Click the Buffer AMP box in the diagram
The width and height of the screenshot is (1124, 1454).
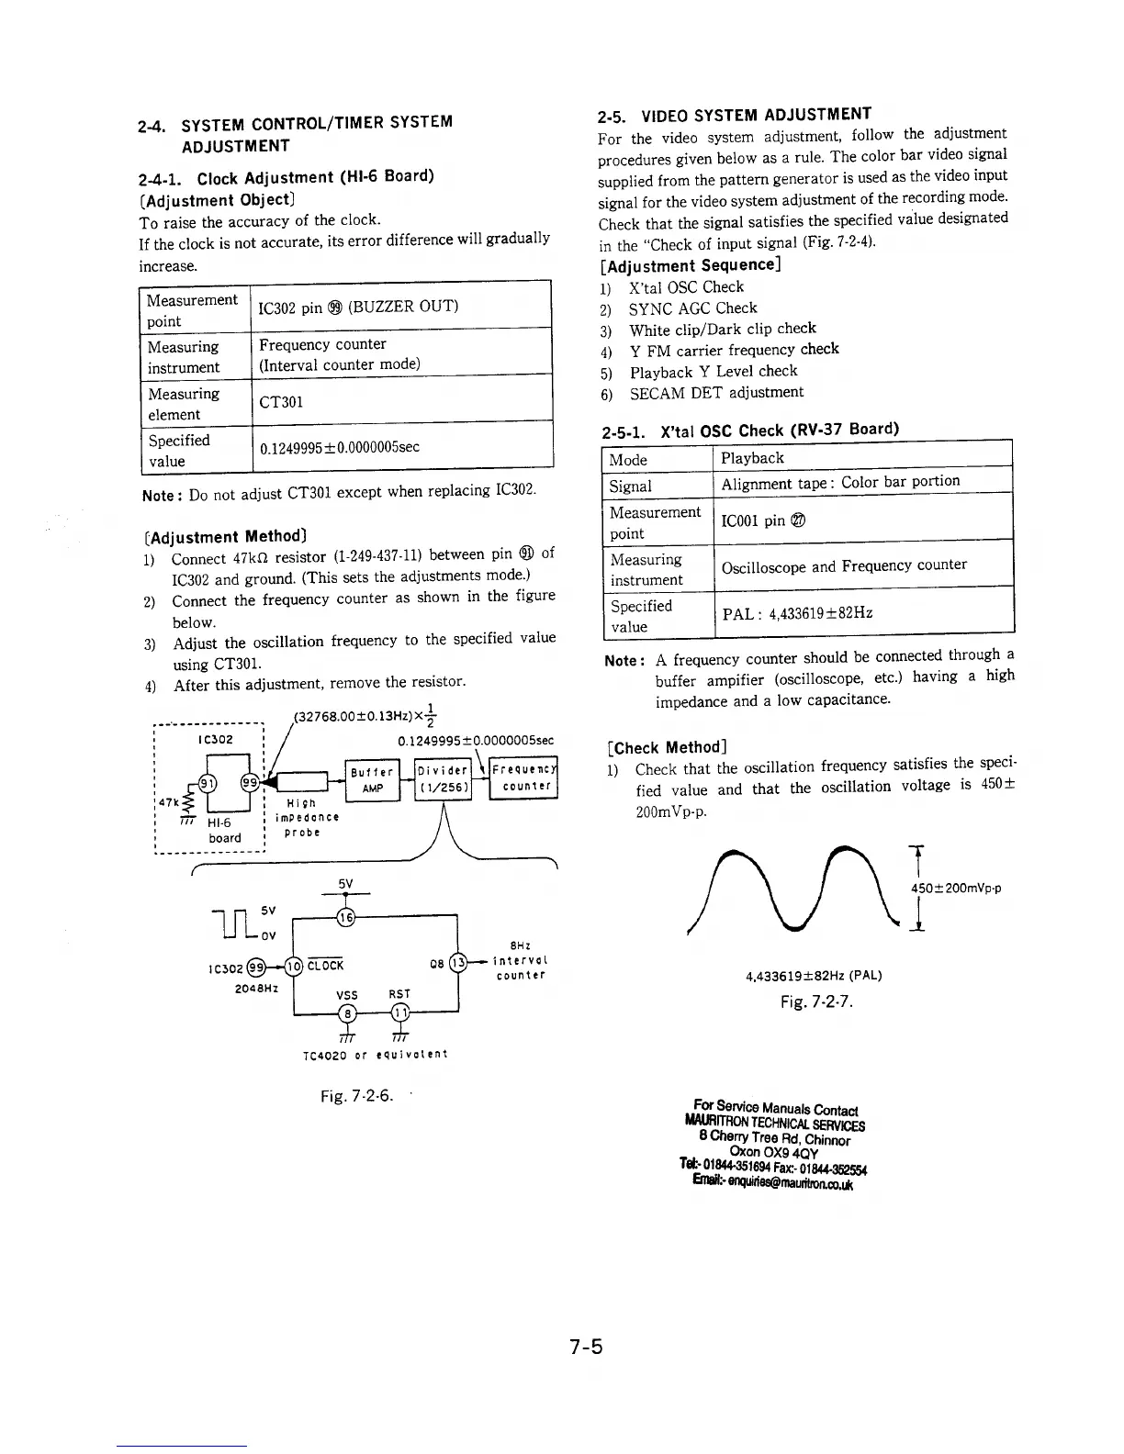372,780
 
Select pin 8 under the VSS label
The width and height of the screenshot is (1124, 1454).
346,1012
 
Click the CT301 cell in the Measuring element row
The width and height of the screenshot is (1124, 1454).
401,401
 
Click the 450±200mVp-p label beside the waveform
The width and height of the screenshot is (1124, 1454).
955,888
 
